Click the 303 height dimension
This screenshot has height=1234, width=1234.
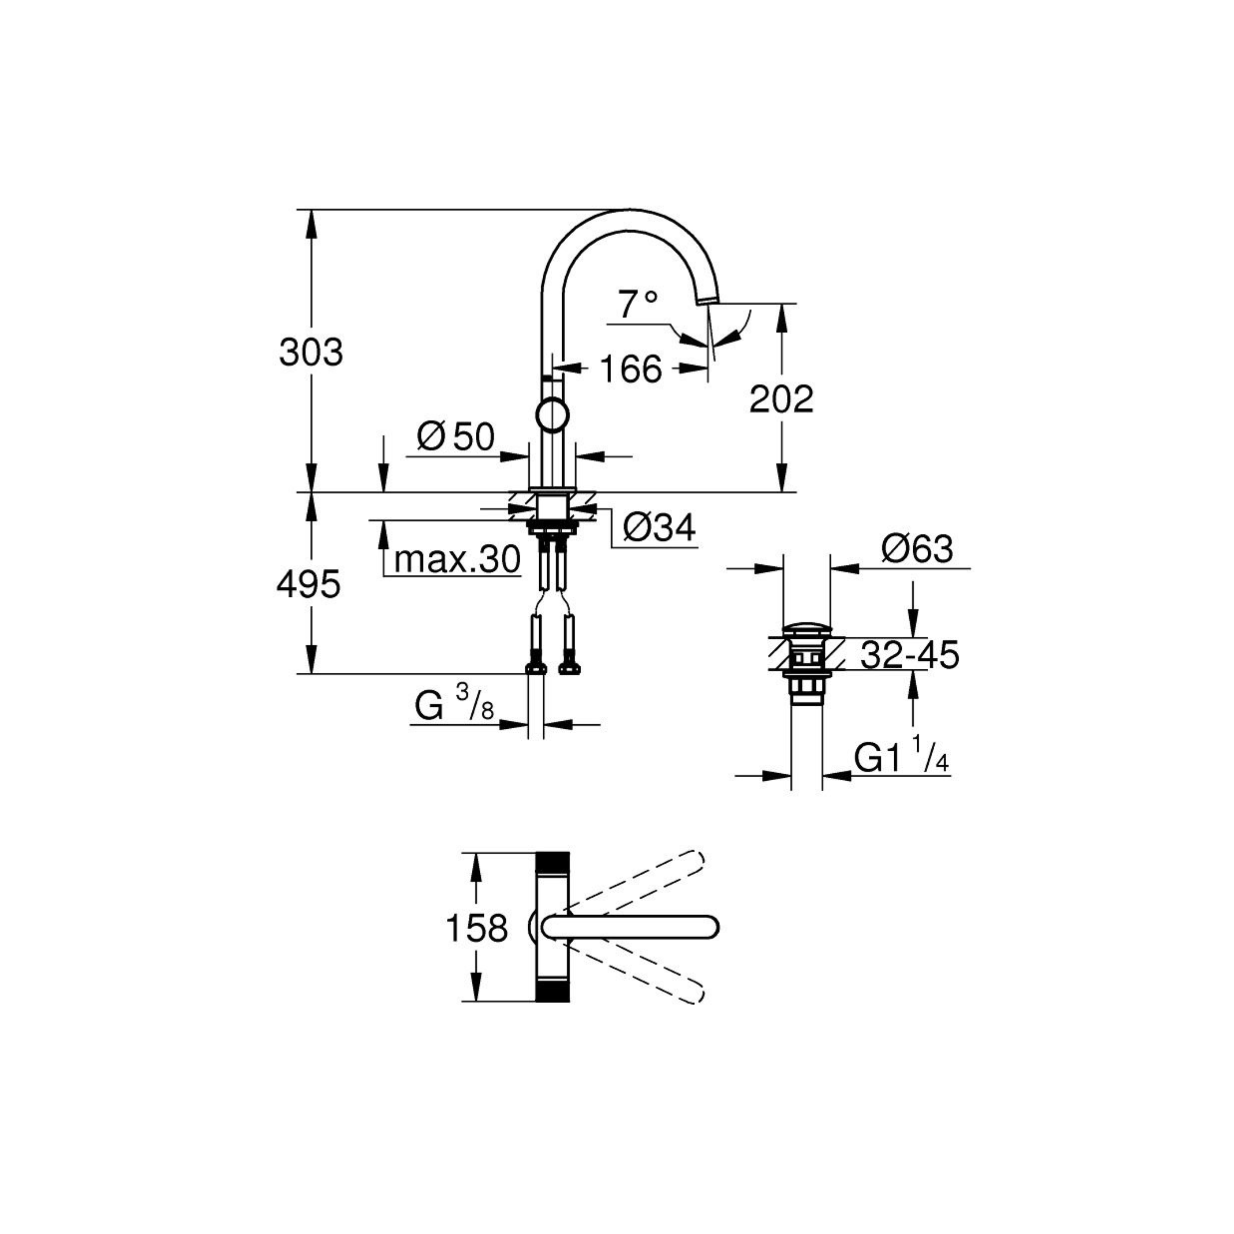coord(311,352)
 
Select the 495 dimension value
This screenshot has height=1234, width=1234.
coord(309,584)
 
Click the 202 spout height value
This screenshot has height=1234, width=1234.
coord(781,399)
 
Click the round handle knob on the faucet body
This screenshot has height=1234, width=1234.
coord(552,415)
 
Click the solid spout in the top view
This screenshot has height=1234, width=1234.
coord(630,927)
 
